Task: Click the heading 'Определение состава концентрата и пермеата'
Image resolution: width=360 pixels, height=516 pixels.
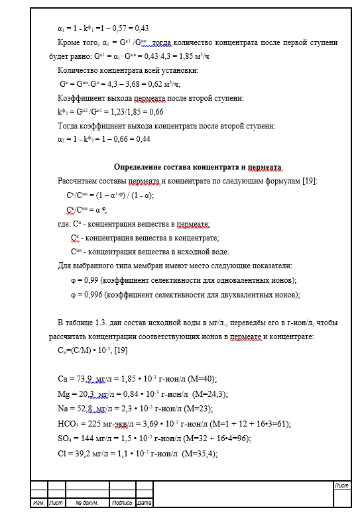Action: pos(198,167)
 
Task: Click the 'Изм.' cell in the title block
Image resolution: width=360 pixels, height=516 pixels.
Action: pos(38,503)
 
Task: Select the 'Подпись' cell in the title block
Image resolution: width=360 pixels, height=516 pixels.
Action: pos(122,503)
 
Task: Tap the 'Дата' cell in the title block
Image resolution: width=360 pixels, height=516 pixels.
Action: pos(145,503)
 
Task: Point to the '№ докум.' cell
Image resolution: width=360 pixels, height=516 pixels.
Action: pos(87,503)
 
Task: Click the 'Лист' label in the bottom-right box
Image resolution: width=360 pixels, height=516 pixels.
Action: pos(342,486)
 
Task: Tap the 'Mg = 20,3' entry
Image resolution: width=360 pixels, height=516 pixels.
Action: pos(75,393)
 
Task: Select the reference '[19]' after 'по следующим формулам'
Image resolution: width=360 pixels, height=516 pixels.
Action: pos(310,181)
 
